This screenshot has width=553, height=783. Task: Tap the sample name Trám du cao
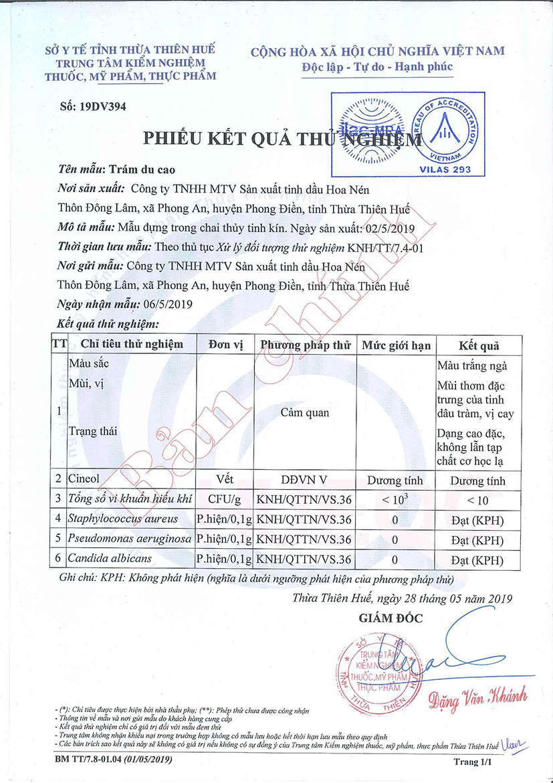pyautogui.click(x=142, y=169)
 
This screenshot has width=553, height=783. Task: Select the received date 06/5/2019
pyautogui.click(x=168, y=304)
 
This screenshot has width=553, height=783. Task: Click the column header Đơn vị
pyautogui.click(x=225, y=345)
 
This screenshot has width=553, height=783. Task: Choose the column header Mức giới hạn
pyautogui.click(x=396, y=345)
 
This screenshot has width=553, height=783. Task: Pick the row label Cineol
pyautogui.click(x=86, y=480)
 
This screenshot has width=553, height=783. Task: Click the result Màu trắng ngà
pyautogui.click(x=472, y=366)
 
